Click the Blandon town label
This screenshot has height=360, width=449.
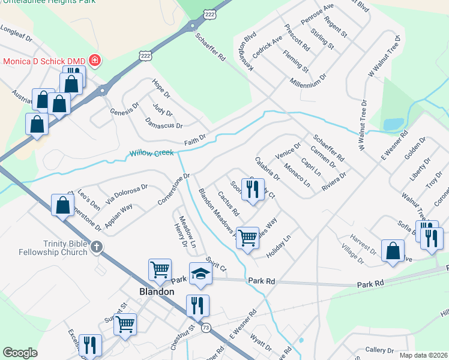pos(153,292)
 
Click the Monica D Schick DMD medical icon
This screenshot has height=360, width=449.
pos(94,61)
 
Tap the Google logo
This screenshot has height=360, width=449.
pos(20,353)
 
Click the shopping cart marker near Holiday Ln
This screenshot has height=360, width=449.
pos(247,238)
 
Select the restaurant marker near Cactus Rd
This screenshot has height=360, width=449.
pos(252,189)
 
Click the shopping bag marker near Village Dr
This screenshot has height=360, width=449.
pos(393,251)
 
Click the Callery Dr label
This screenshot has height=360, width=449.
pos(379,350)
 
